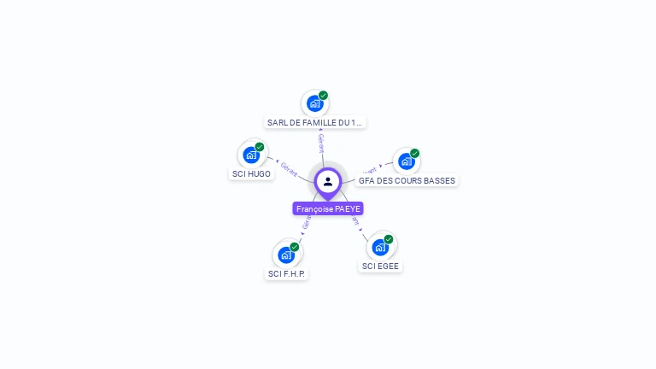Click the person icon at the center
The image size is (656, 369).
click(x=328, y=181)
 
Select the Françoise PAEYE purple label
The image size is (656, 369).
click(x=328, y=208)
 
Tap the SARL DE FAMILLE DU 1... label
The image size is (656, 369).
click(x=314, y=122)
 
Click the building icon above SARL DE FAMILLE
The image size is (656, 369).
click(x=314, y=103)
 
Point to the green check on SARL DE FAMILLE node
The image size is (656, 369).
click(x=323, y=96)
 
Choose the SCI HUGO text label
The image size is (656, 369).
click(x=251, y=174)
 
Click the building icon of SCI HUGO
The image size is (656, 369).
click(x=251, y=155)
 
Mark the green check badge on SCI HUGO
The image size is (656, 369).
click(x=260, y=147)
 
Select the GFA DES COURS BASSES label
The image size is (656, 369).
click(x=407, y=180)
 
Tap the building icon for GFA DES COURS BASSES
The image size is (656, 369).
click(x=407, y=161)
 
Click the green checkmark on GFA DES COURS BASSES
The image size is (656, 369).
click(x=415, y=154)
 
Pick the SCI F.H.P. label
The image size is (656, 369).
click(x=286, y=274)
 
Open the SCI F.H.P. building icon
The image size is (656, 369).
click(x=286, y=255)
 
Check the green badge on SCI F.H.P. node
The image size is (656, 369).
click(x=295, y=247)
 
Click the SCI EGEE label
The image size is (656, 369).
click(x=380, y=266)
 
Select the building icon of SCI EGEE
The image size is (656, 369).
click(x=380, y=247)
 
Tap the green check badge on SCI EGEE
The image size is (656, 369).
click(x=389, y=239)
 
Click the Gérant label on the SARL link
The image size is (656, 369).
click(x=321, y=143)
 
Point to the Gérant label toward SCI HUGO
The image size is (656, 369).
click(x=290, y=169)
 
